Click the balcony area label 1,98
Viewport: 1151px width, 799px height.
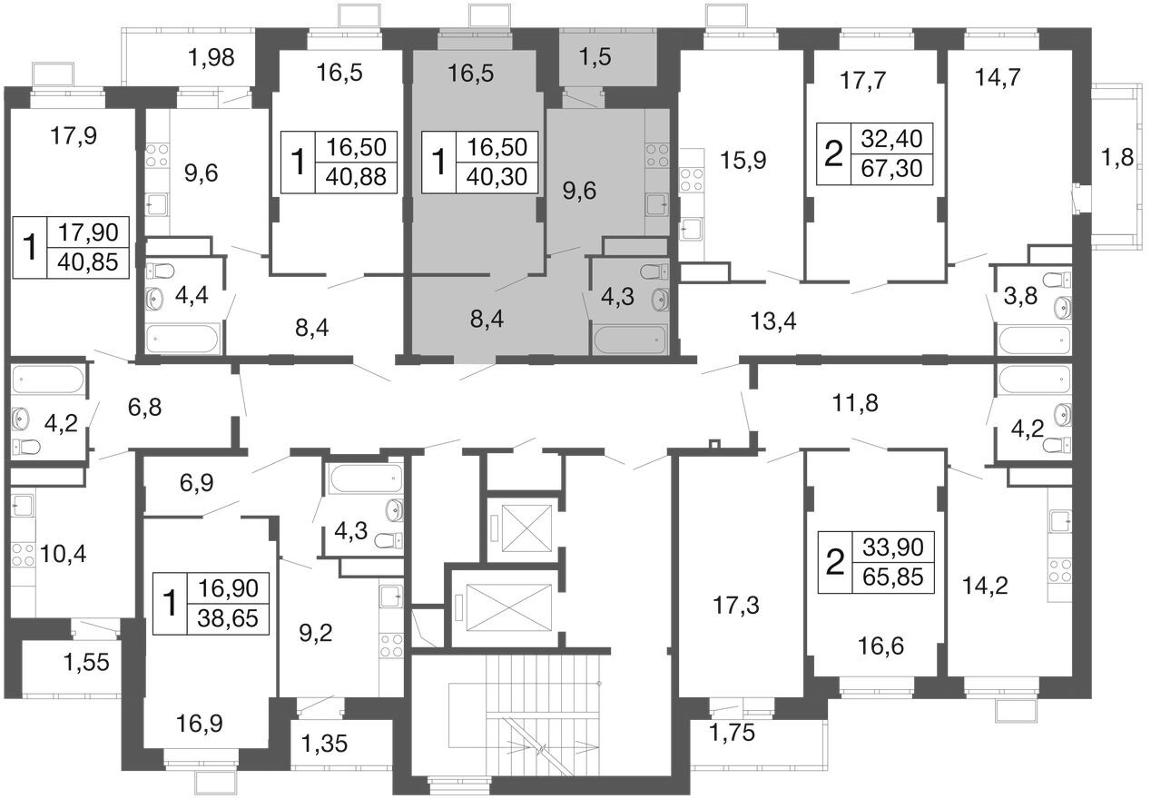coord(212,57)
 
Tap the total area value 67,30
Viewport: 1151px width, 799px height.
coord(891,168)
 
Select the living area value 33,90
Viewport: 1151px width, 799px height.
coord(892,547)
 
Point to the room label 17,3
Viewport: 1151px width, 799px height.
coord(736,606)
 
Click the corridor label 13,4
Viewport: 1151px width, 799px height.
coord(772,321)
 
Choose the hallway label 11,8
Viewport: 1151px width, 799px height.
coord(855,403)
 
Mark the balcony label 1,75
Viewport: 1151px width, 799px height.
coord(732,732)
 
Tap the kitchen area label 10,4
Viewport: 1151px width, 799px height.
coord(63,555)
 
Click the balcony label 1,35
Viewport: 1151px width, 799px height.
coord(324,744)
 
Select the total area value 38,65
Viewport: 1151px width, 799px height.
coord(228,618)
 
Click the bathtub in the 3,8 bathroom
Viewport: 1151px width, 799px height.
coord(1035,340)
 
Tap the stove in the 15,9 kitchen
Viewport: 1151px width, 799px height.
coord(692,181)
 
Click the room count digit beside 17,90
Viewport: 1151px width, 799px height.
coord(30,248)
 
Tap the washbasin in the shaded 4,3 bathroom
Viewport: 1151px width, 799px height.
coord(659,299)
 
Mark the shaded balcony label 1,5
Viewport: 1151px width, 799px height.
coord(595,56)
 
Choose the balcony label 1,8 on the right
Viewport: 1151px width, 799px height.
coord(1117,157)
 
